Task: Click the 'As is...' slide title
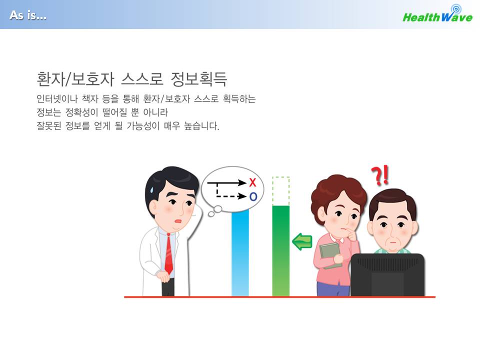(x=28, y=15)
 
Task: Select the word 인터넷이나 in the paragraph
(x=57, y=98)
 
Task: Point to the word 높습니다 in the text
(x=201, y=125)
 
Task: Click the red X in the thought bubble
(x=252, y=182)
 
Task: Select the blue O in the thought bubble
(x=253, y=196)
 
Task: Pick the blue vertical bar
(x=240, y=253)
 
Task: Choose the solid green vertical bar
(x=280, y=250)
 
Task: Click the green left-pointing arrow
(x=302, y=241)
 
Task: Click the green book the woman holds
(x=330, y=254)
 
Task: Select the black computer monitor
(x=387, y=274)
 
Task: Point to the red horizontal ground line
(x=280, y=296)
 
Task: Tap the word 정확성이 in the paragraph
(x=81, y=112)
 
